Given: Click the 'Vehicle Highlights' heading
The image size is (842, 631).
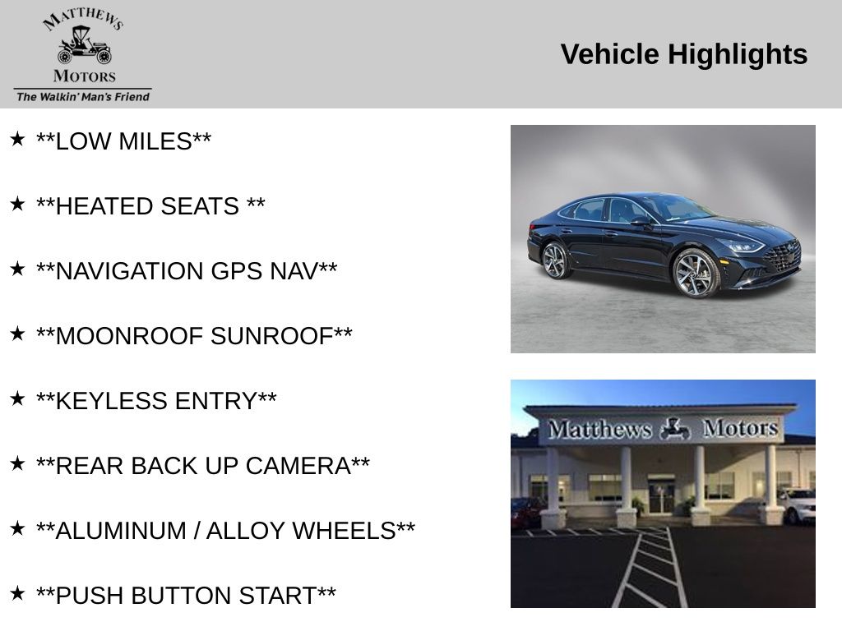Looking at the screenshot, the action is click(683, 54).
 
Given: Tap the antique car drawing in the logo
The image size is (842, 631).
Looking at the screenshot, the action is click(85, 45).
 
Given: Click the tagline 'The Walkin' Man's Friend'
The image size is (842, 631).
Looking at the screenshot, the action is click(83, 97).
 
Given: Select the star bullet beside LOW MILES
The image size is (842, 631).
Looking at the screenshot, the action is click(17, 139).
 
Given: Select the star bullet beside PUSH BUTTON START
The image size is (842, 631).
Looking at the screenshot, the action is click(17, 593).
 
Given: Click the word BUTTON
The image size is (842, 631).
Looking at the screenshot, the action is click(180, 596).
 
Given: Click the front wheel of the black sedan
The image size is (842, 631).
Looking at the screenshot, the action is click(696, 273).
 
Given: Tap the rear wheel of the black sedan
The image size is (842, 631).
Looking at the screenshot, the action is click(556, 260).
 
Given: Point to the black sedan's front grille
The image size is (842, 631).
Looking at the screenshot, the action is click(783, 256).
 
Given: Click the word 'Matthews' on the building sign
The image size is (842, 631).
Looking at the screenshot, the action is click(599, 429).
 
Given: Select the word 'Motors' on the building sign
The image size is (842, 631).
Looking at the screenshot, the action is click(741, 428).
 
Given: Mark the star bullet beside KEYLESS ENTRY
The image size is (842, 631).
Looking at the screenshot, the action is click(17, 398).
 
